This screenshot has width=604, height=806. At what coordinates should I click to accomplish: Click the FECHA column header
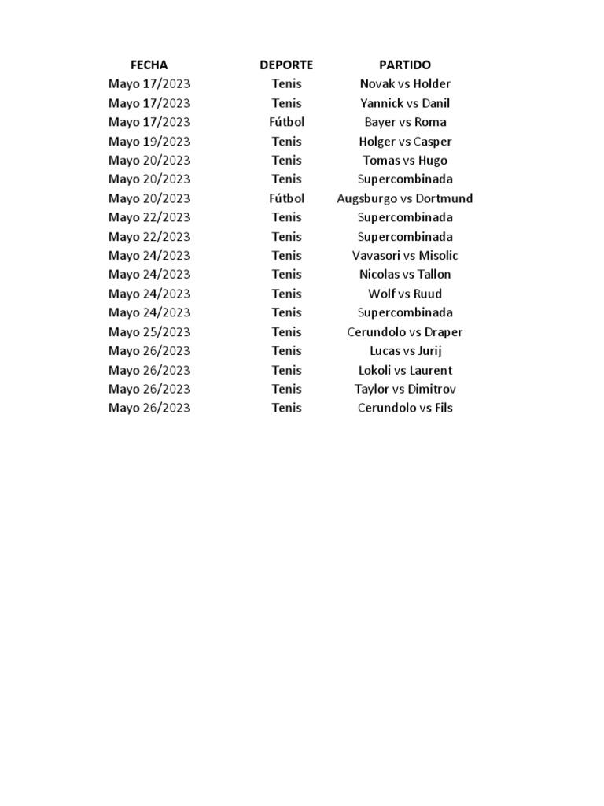point(149,65)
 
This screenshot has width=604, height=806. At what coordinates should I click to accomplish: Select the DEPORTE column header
point(286,65)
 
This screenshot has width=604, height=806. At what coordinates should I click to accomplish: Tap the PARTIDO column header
point(405,65)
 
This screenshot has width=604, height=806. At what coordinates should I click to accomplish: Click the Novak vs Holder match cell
point(405,84)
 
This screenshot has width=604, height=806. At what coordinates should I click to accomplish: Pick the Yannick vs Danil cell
point(405,103)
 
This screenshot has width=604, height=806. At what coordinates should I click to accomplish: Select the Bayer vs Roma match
point(405,122)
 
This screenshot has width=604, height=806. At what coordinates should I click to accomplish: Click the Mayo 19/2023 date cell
point(149,142)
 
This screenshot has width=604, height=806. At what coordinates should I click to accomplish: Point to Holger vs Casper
point(405,142)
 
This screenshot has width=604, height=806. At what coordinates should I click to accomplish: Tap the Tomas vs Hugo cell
point(405,161)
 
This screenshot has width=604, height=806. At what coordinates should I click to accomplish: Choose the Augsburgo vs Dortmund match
point(405,198)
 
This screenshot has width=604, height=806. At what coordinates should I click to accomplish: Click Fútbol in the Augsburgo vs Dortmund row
point(286,198)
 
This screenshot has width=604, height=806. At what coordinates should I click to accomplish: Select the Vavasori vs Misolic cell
point(405,256)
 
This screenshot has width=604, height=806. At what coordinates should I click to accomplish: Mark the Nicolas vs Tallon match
point(405,275)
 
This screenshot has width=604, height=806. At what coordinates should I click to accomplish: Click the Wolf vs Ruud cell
point(405,294)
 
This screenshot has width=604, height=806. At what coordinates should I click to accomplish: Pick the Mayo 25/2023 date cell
point(149,332)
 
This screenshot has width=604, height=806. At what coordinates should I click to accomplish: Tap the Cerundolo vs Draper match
point(405,332)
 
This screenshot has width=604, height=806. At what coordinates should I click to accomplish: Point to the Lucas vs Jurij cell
point(405,351)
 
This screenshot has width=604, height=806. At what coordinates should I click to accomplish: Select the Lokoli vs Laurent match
point(405,370)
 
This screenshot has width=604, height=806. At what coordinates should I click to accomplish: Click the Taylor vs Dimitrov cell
point(405,389)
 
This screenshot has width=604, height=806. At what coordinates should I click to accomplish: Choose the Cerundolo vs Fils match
point(405,408)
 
